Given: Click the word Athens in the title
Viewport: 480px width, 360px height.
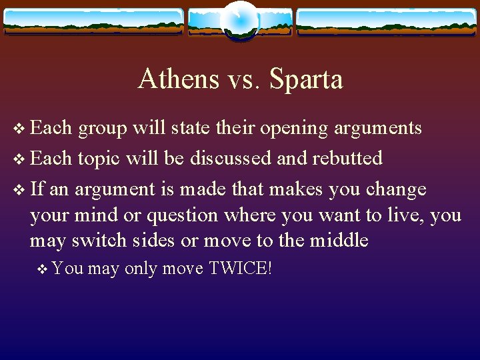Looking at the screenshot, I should coord(178,79).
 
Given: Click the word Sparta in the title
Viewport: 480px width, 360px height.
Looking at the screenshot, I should coord(306,79).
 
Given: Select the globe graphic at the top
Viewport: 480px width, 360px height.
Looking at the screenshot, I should coord(239,20).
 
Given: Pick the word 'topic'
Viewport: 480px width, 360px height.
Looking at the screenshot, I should coord(99,159).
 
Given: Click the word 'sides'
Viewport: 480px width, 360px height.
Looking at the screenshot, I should coord(151,240).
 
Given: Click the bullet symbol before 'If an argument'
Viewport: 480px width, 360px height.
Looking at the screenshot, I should coord(18,190).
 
